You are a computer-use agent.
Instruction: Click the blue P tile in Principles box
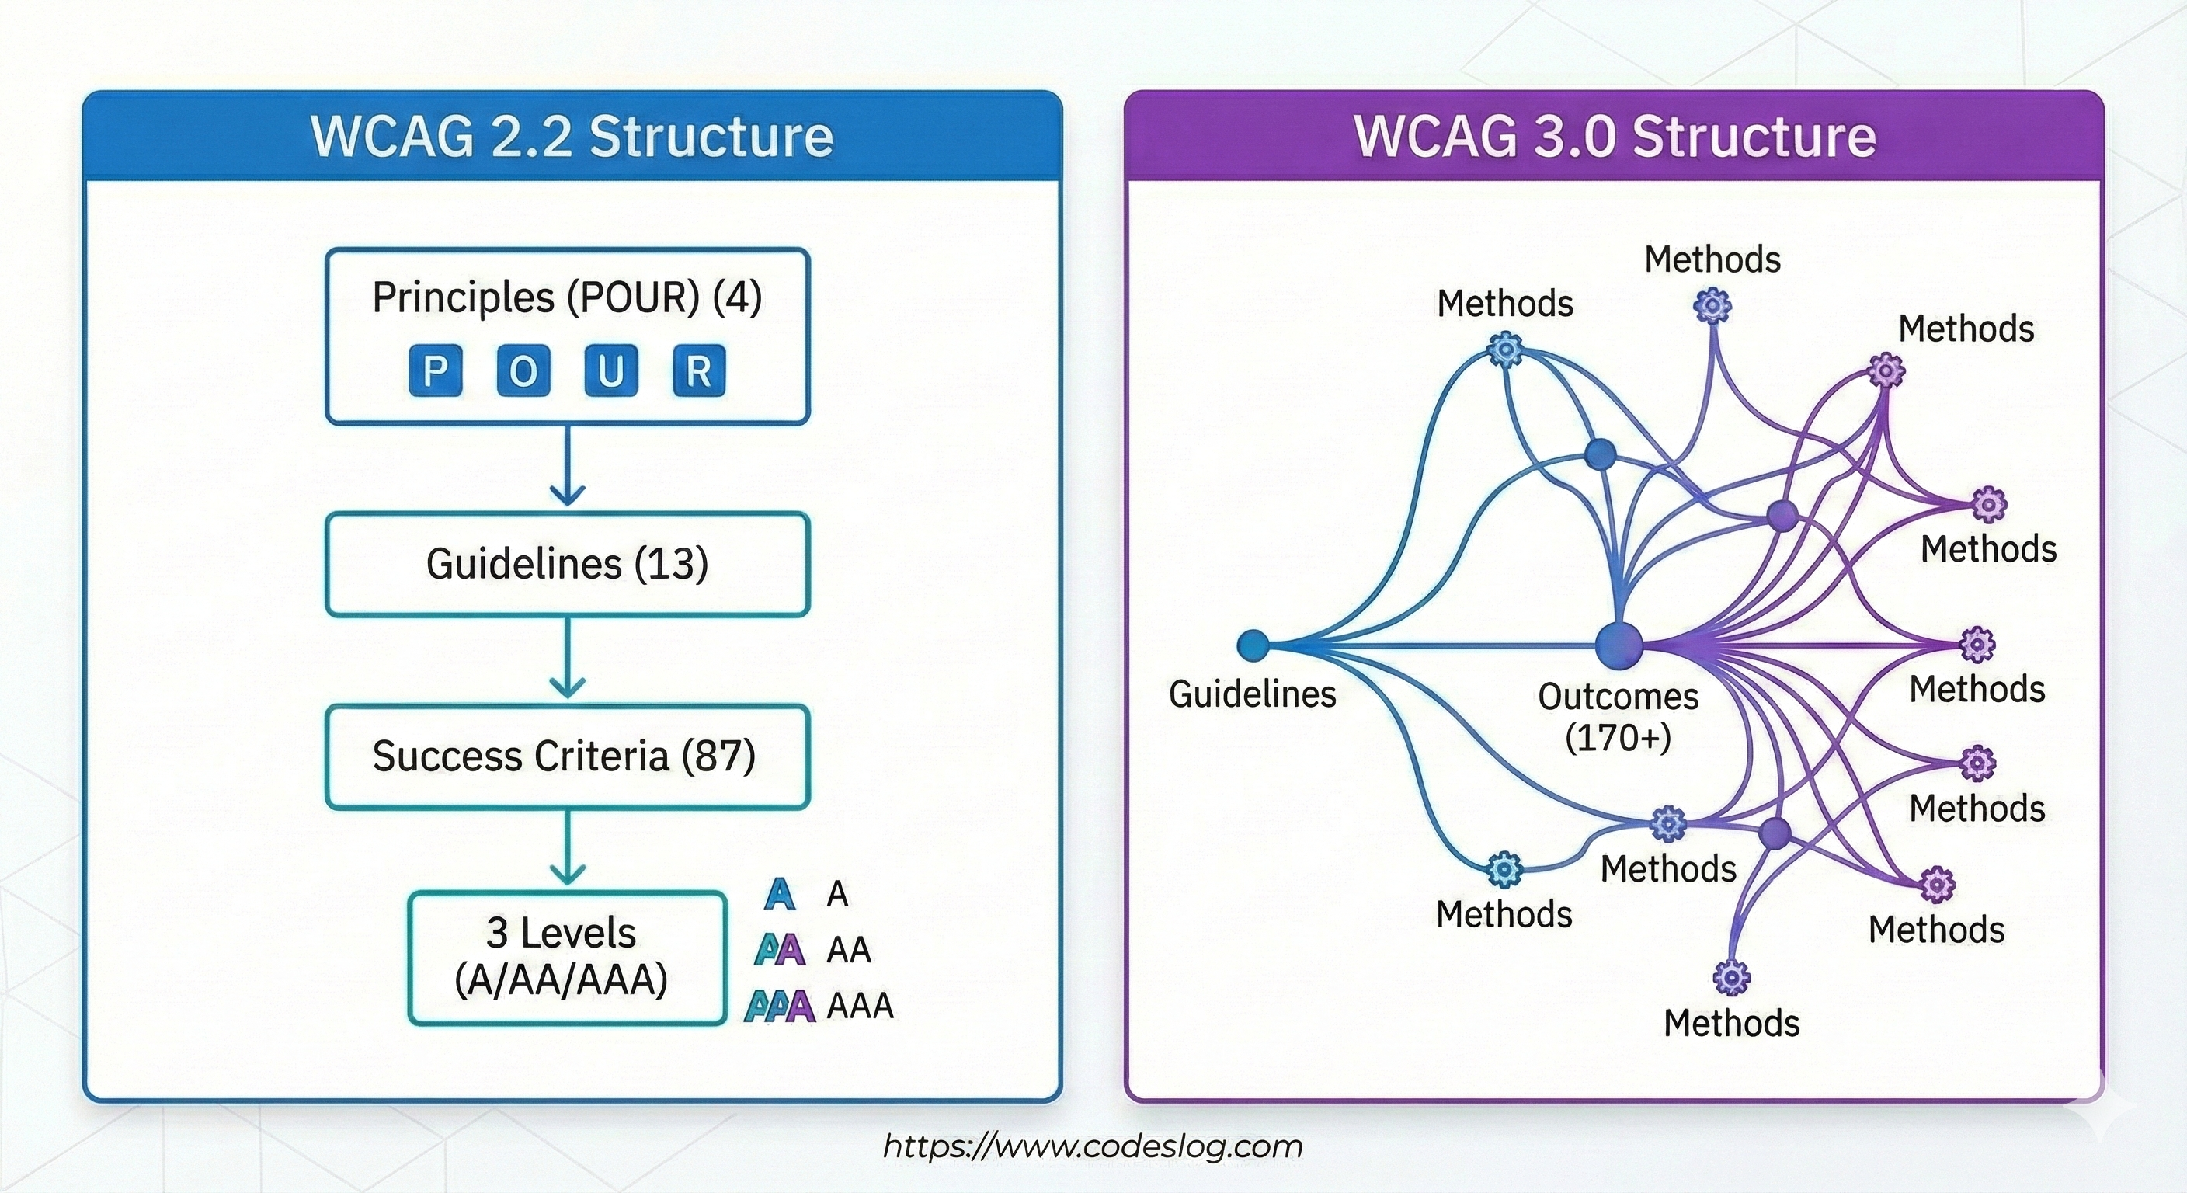point(435,371)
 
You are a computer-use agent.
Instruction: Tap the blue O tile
point(523,371)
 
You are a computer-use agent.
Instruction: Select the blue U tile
point(611,371)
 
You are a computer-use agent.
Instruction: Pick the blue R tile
point(699,371)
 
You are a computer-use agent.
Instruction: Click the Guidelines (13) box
point(567,564)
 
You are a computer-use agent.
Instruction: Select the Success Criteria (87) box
point(567,756)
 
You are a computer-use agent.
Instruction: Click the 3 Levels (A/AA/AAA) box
point(567,957)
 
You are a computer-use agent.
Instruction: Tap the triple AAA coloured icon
point(780,1006)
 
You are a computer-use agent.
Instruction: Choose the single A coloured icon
point(780,894)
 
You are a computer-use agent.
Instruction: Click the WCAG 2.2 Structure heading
point(572,136)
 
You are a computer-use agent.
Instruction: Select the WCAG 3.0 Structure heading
point(1614,136)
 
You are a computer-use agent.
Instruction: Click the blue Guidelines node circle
point(1253,645)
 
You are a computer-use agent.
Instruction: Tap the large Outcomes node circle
point(1619,645)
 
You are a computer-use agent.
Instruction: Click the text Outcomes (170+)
point(1619,717)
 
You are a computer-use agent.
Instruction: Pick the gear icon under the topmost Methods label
point(1712,306)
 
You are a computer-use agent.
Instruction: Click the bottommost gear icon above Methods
point(1731,978)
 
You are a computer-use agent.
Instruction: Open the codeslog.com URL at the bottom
point(1093,1146)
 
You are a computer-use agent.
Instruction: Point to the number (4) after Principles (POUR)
point(737,297)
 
